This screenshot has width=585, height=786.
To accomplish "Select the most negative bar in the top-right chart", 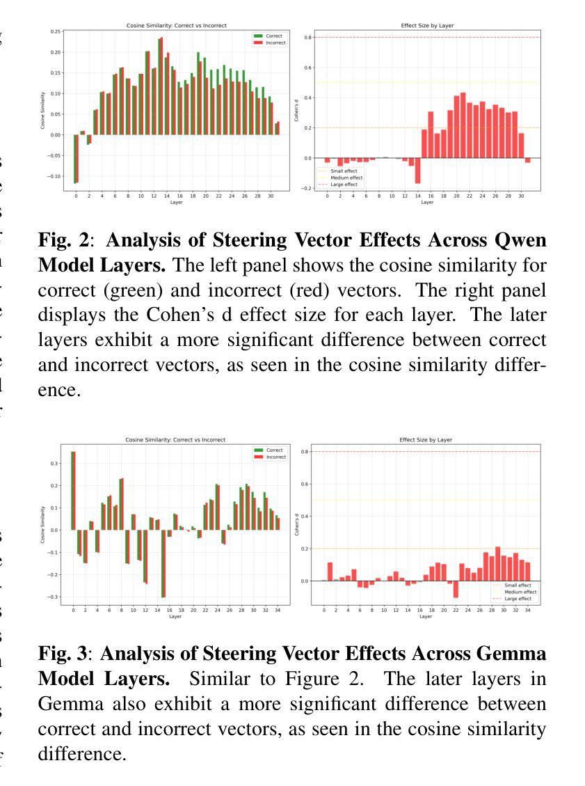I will click(418, 171).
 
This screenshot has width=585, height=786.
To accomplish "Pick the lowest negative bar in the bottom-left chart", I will click(163, 563).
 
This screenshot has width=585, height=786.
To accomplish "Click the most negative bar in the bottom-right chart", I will click(456, 589).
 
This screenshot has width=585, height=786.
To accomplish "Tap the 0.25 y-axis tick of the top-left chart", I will click(56, 31).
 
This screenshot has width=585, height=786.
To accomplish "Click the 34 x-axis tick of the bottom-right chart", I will click(528, 610).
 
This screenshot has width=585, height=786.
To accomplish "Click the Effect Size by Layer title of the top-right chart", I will click(427, 26).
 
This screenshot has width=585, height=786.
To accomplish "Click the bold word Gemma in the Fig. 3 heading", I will click(514, 654).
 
